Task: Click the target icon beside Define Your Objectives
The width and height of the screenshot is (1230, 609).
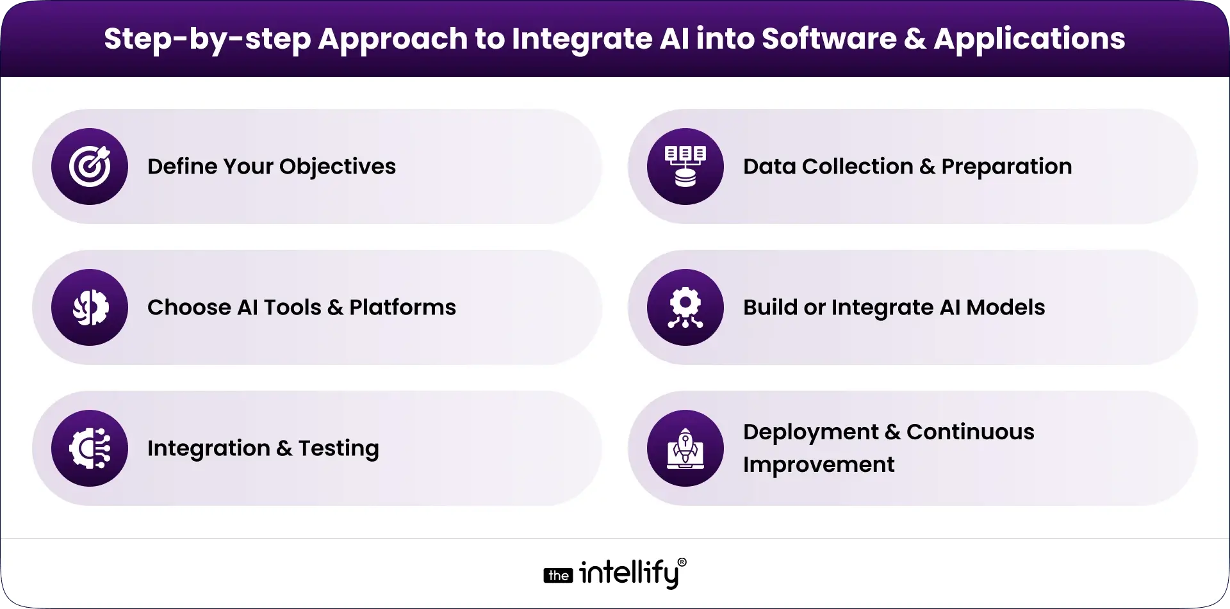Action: click(90, 166)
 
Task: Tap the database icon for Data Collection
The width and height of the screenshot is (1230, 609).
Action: click(685, 166)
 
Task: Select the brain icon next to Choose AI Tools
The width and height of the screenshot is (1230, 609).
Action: click(90, 307)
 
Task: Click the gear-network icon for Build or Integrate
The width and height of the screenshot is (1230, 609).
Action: click(685, 307)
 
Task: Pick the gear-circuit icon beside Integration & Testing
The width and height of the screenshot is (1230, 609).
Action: click(90, 448)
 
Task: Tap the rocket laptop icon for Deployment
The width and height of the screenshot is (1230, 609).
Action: click(685, 448)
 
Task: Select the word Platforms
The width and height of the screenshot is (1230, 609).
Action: click(402, 307)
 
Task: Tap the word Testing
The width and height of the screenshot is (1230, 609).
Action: click(338, 448)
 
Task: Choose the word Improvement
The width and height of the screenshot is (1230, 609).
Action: click(818, 465)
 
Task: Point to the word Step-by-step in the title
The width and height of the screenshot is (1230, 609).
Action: click(207, 39)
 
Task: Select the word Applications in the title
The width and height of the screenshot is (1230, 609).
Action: click(1029, 39)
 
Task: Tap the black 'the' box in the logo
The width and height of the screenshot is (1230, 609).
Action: click(558, 576)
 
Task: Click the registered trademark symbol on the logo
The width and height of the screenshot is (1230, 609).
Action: click(682, 562)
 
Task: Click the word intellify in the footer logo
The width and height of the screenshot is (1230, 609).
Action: click(628, 573)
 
